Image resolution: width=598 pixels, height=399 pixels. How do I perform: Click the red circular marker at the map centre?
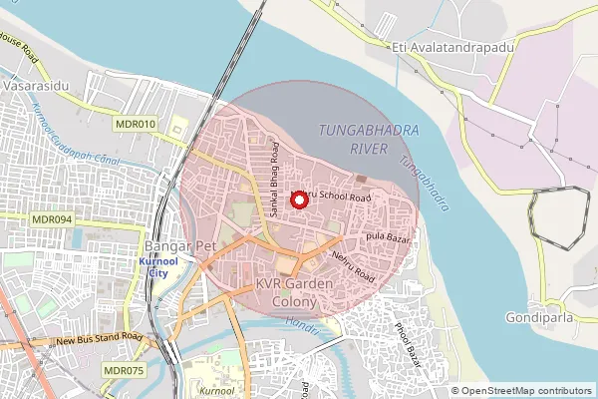298,199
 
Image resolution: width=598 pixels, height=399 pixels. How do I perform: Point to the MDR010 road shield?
136,124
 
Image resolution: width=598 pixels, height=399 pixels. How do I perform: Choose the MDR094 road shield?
53,219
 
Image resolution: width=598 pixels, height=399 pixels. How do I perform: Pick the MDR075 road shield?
123,370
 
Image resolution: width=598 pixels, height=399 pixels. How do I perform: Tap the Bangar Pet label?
175,244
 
